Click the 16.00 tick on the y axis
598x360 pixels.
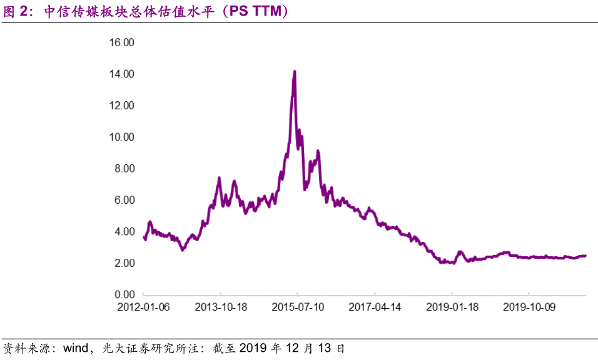click(x=121, y=42)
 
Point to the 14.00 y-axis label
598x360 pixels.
click(x=121, y=74)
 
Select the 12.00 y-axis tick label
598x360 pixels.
click(x=121, y=106)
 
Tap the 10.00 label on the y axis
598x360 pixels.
click(x=121, y=137)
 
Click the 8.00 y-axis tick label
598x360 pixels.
click(x=124, y=169)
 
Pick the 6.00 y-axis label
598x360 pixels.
click(x=124, y=200)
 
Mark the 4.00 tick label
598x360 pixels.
click(x=124, y=231)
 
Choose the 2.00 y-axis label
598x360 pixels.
click(x=124, y=263)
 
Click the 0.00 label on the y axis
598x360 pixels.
click(x=124, y=294)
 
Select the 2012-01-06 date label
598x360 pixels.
click(x=143, y=307)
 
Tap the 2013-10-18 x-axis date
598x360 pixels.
click(x=220, y=307)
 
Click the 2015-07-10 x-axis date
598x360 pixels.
click(x=297, y=307)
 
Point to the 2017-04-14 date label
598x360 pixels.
click(x=375, y=307)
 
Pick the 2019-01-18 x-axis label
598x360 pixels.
click(x=452, y=307)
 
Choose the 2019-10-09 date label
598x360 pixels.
click(x=529, y=307)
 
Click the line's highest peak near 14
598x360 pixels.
click(x=295, y=72)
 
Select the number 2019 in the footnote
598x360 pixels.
click(x=253, y=347)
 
